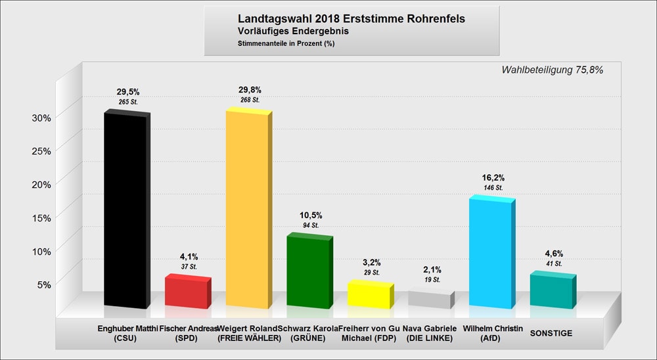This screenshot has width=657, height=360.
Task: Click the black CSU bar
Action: point(125,210)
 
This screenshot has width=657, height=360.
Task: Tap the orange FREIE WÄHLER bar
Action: point(246,210)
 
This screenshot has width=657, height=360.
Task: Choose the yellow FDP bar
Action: point(369,296)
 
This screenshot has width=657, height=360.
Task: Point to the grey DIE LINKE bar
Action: point(429,299)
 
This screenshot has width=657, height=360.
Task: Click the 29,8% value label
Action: point(250,89)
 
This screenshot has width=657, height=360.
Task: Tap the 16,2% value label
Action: point(493,177)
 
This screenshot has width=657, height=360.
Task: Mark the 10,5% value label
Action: point(311,215)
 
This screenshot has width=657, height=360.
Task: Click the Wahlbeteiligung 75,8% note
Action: point(552,70)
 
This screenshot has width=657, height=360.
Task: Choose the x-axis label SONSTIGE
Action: point(551,334)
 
